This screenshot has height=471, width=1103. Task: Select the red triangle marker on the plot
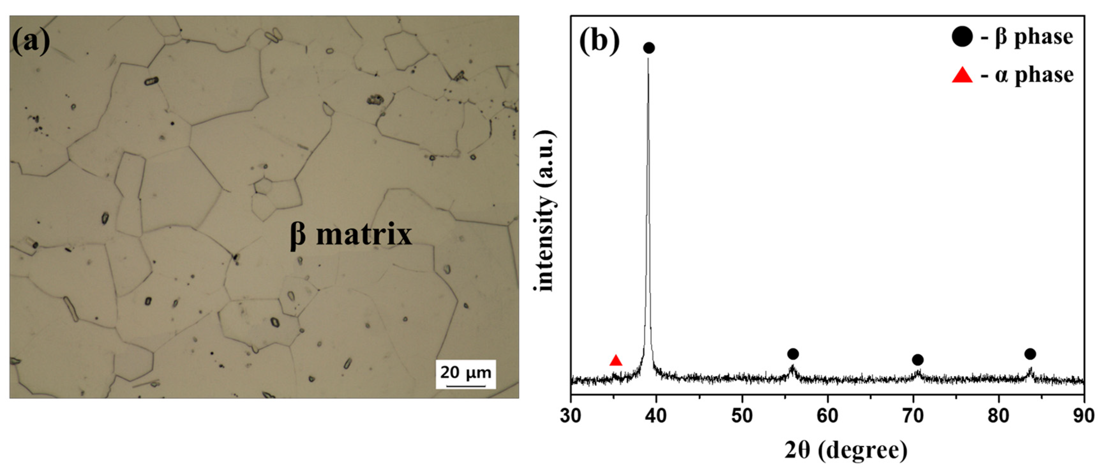tap(616, 361)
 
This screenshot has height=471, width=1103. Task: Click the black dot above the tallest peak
tap(649, 48)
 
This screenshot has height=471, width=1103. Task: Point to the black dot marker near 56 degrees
tap(793, 354)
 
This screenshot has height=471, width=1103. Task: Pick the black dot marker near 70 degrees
tap(917, 360)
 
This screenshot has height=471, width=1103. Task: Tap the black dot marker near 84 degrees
tap(1030, 354)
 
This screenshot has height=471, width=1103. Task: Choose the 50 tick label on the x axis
tap(742, 416)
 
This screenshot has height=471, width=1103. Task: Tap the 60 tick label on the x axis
tap(828, 416)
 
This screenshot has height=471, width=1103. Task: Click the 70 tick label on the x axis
tap(913, 416)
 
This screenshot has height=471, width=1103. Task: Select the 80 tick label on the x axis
tap(999, 416)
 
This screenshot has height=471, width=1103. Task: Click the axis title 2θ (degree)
tap(846, 451)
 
